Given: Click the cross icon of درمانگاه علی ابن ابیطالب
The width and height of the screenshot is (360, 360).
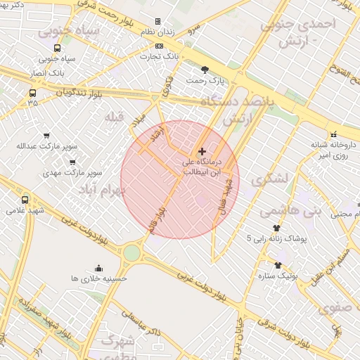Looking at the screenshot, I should pyautogui.click(x=202, y=151).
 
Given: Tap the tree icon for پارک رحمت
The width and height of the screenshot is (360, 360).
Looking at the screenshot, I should pyautogui.click(x=205, y=69).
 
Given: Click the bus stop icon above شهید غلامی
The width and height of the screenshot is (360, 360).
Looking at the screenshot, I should pyautogui.click(x=26, y=200).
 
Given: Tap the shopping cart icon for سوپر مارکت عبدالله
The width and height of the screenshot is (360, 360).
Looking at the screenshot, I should pyautogui.click(x=47, y=136).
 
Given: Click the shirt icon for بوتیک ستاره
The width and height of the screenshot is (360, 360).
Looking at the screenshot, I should pyautogui.click(x=278, y=265).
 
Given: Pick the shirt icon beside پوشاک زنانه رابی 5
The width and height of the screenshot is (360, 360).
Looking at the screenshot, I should pyautogui.click(x=276, y=228).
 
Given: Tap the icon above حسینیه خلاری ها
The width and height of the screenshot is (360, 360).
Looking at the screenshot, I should pyautogui.click(x=98, y=267).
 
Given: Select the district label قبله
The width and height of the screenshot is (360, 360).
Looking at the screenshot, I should pyautogui.click(x=114, y=115).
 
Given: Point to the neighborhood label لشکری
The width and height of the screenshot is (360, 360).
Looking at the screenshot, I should pyautogui.click(x=270, y=179).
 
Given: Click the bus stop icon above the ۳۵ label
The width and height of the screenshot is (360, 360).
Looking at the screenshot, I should pyautogui.click(x=32, y=92).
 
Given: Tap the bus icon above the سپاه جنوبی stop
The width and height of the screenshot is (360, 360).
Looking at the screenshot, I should pyautogui.click(x=58, y=49).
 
